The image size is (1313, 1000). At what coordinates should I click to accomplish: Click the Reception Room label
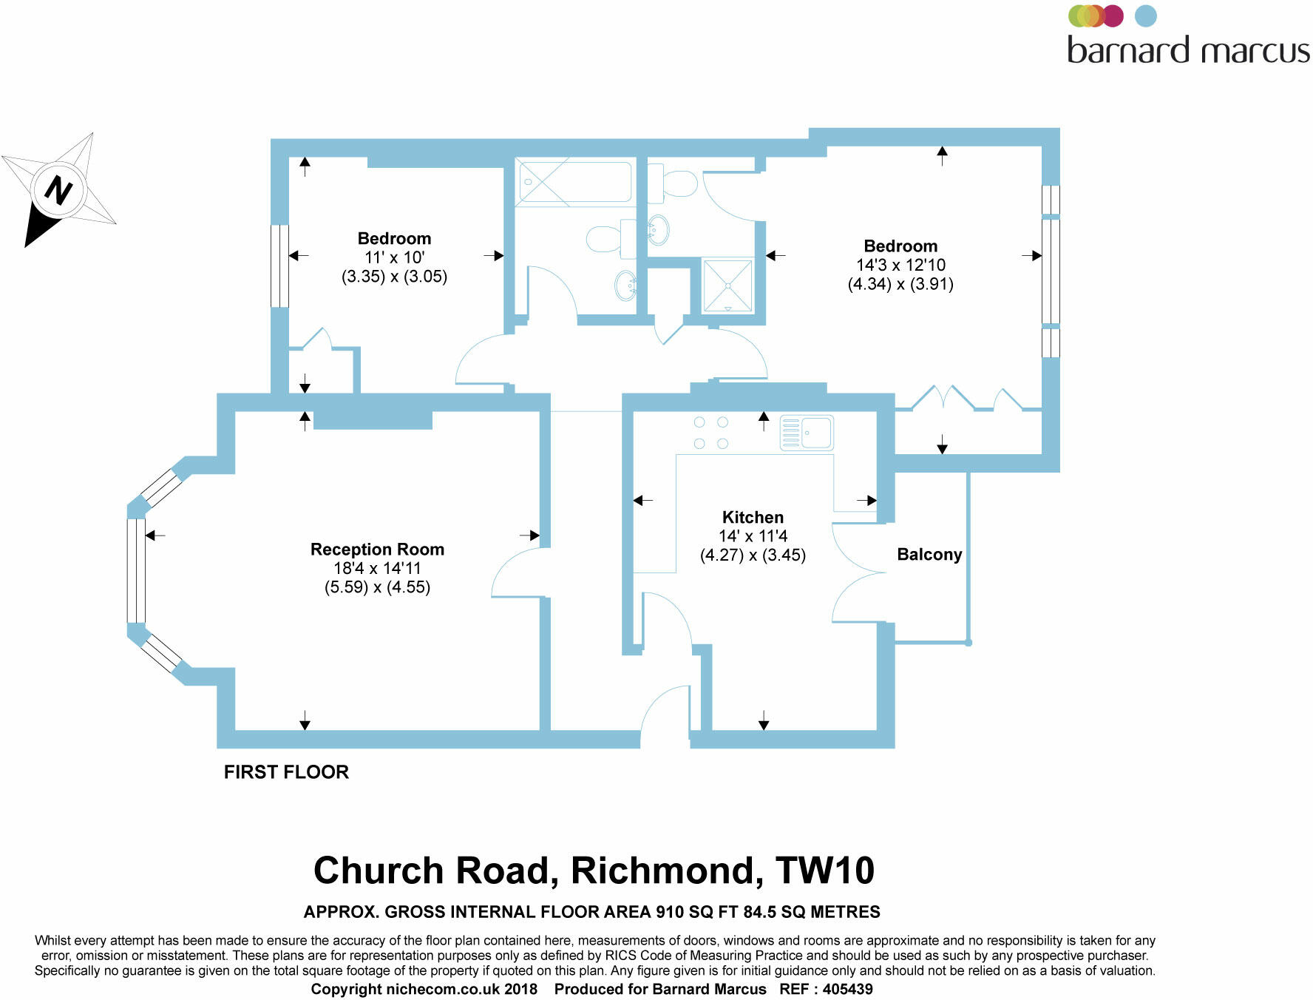377,550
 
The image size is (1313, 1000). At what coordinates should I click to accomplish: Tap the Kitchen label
753,518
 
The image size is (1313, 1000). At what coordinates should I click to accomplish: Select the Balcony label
929,555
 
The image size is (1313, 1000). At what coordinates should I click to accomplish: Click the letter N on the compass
58,189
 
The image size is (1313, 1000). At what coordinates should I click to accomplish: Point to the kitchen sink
807,433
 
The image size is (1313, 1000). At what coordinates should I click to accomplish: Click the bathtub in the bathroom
575,182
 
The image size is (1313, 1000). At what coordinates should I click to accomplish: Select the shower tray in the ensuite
727,286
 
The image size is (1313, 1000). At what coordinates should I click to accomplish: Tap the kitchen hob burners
710,433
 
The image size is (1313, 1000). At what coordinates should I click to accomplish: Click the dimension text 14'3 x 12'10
900,265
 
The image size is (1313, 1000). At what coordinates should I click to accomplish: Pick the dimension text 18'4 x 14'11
377,568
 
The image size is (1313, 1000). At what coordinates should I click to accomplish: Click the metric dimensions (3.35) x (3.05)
394,277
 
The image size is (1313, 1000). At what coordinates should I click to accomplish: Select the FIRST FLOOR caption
286,772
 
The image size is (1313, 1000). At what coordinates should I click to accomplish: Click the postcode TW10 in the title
824,871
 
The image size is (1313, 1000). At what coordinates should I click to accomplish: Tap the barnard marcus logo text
1188,50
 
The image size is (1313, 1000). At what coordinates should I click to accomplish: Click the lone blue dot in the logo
1145,16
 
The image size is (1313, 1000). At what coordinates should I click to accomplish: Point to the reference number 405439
847,989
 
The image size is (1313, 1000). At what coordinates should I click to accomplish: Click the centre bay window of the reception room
136,570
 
